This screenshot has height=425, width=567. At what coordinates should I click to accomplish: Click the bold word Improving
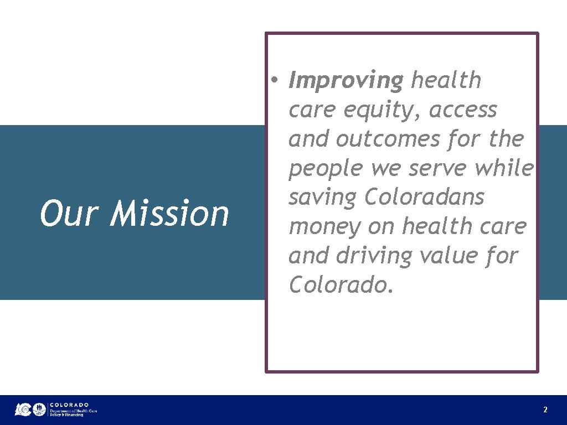click(x=346, y=81)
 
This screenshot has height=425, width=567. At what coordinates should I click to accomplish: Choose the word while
click(x=503, y=168)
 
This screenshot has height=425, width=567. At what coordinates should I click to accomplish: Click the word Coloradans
click(x=424, y=197)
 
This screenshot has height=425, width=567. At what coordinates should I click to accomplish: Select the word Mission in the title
click(x=169, y=214)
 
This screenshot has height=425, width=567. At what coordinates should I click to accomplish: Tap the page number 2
click(x=545, y=410)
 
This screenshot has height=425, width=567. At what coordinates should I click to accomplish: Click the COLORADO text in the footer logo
click(x=69, y=405)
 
